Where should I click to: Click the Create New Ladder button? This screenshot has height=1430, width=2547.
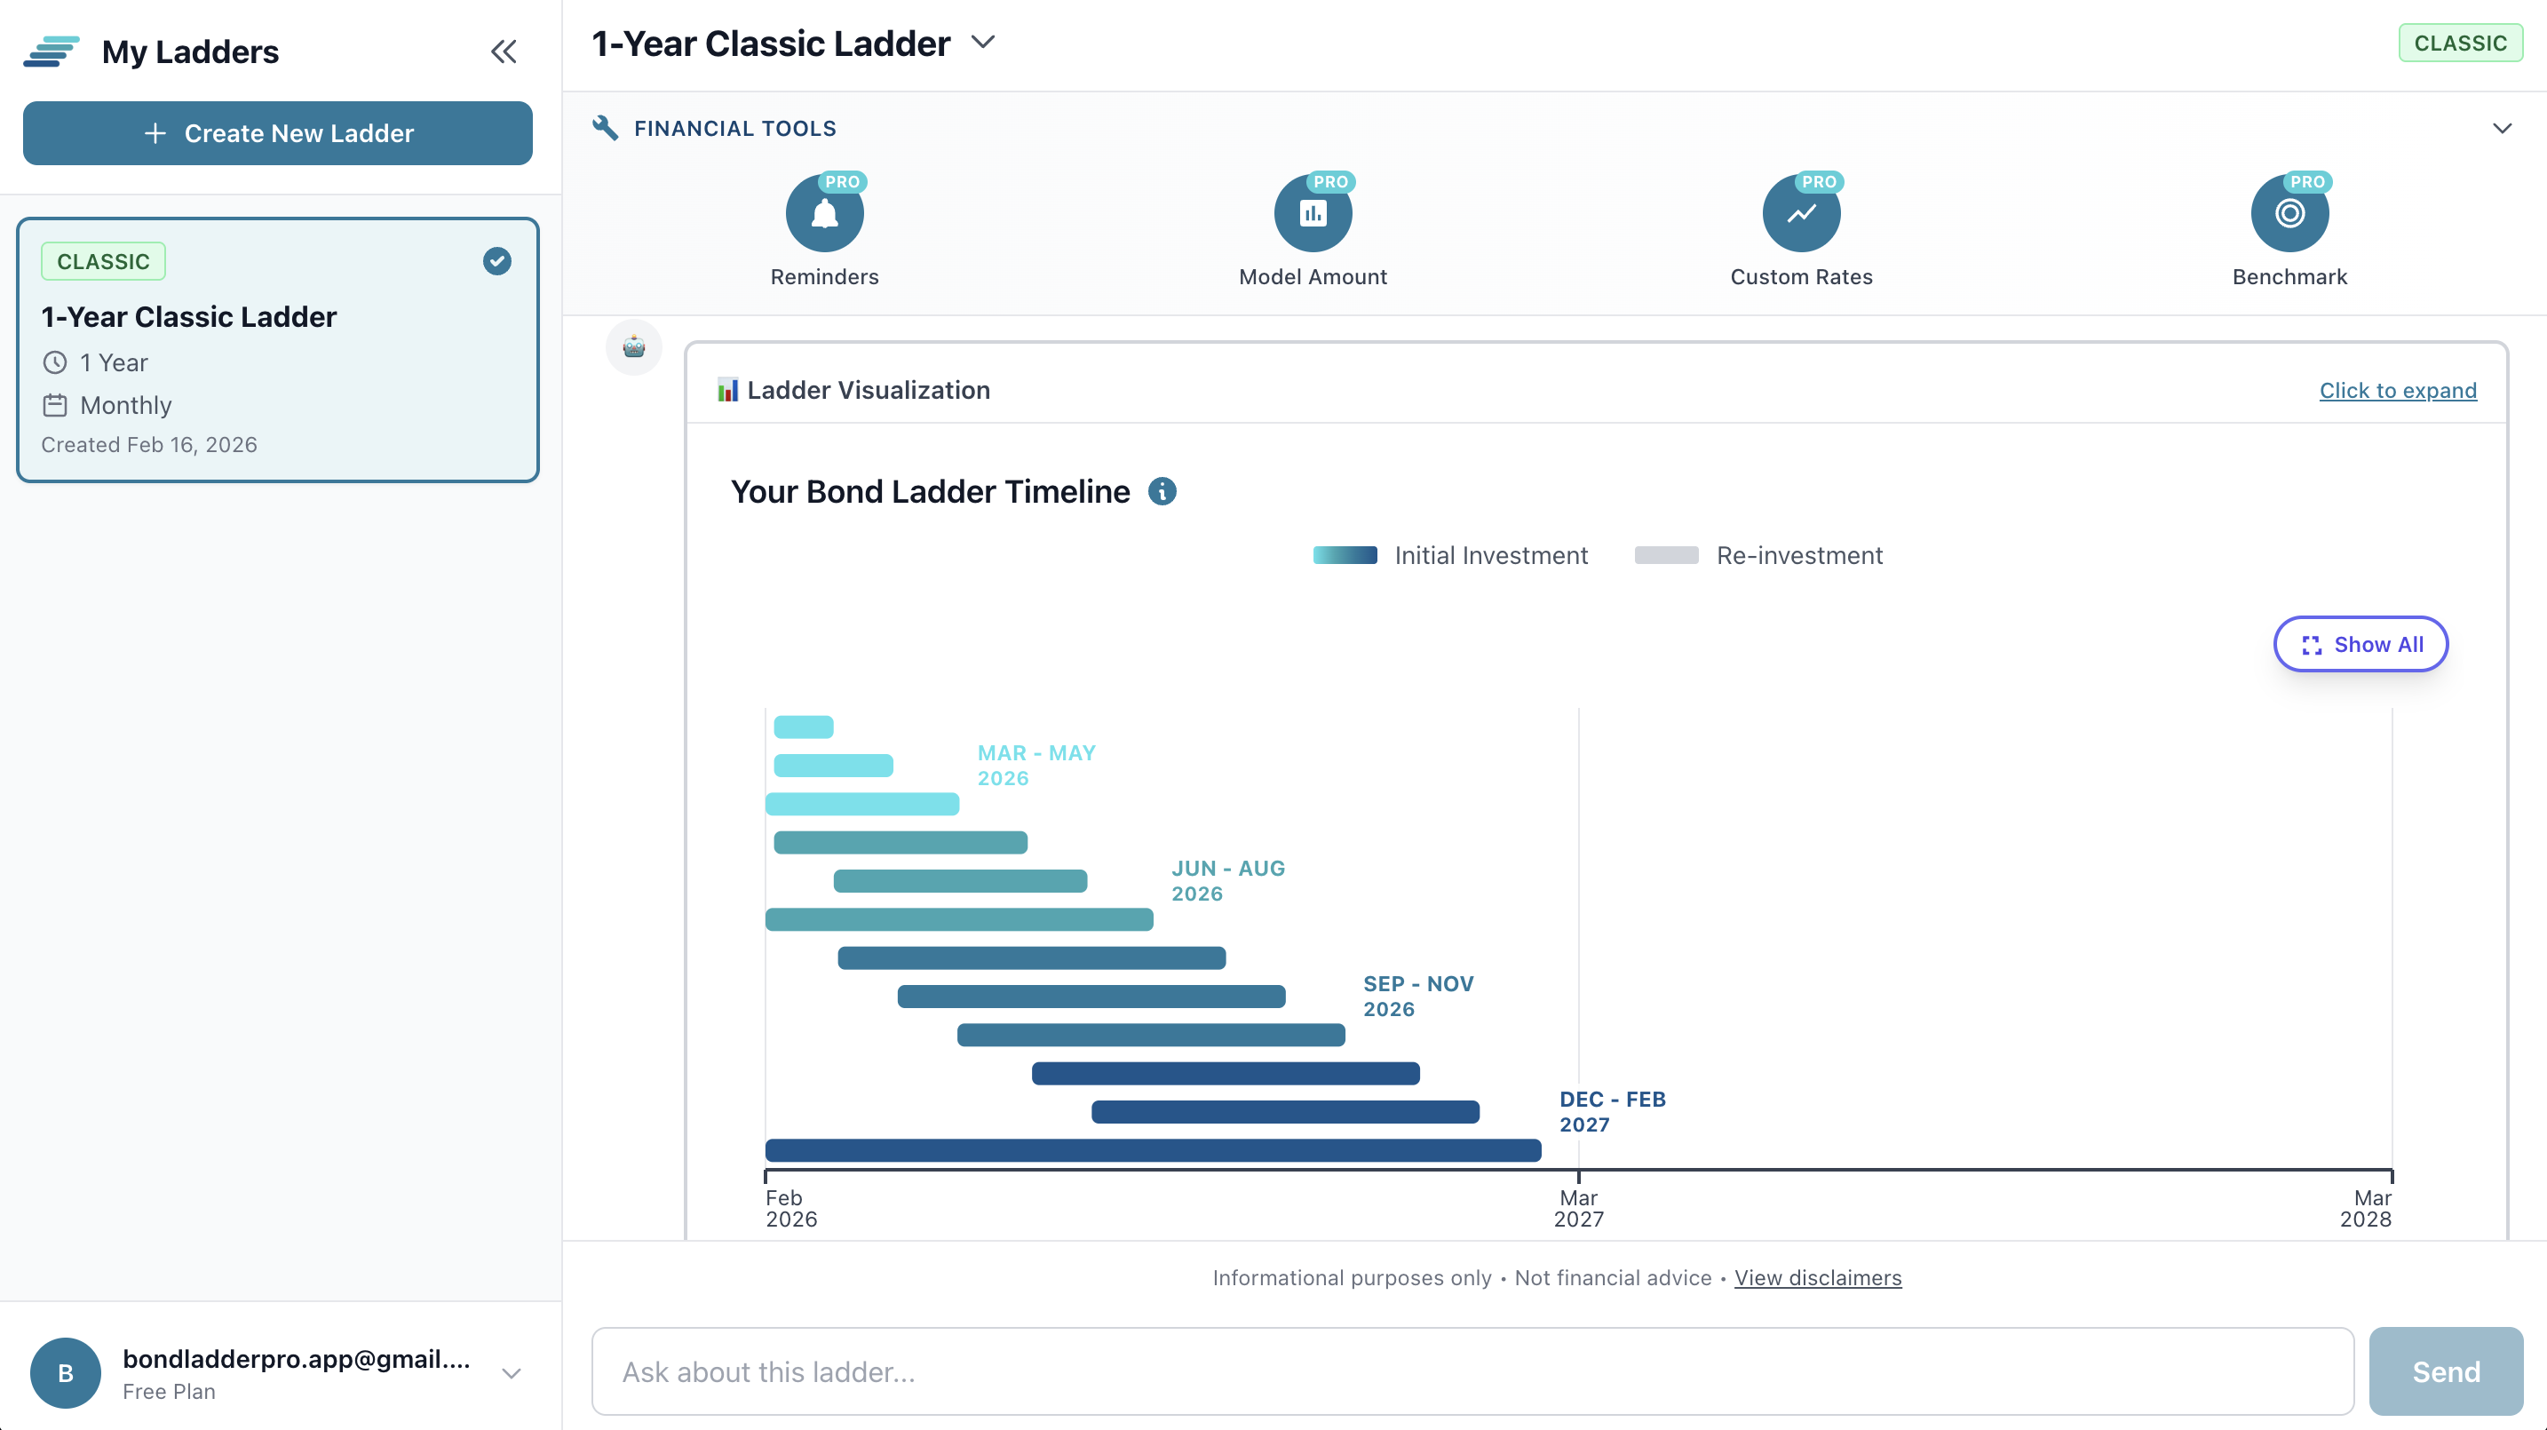278,132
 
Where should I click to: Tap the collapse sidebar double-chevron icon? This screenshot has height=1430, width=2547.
504,52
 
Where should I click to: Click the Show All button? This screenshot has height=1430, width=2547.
2361,645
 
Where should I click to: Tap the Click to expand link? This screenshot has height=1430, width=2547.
2398,391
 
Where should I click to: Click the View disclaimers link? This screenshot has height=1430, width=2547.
1817,1278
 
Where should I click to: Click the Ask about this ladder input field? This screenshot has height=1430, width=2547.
1472,1371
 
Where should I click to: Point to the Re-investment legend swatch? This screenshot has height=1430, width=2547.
1666,556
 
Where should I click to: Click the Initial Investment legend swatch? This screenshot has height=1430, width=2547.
1345,556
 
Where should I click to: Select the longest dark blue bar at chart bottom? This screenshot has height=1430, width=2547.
1153,1150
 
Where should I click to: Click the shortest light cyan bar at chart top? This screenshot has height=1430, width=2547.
803,727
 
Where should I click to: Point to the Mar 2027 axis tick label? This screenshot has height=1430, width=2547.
1578,1209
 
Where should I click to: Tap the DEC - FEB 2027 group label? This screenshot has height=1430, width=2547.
1612,1111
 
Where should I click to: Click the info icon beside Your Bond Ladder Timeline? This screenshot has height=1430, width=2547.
1162,491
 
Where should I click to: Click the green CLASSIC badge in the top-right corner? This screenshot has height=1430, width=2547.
2460,44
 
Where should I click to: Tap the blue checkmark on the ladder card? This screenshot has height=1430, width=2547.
496,261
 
